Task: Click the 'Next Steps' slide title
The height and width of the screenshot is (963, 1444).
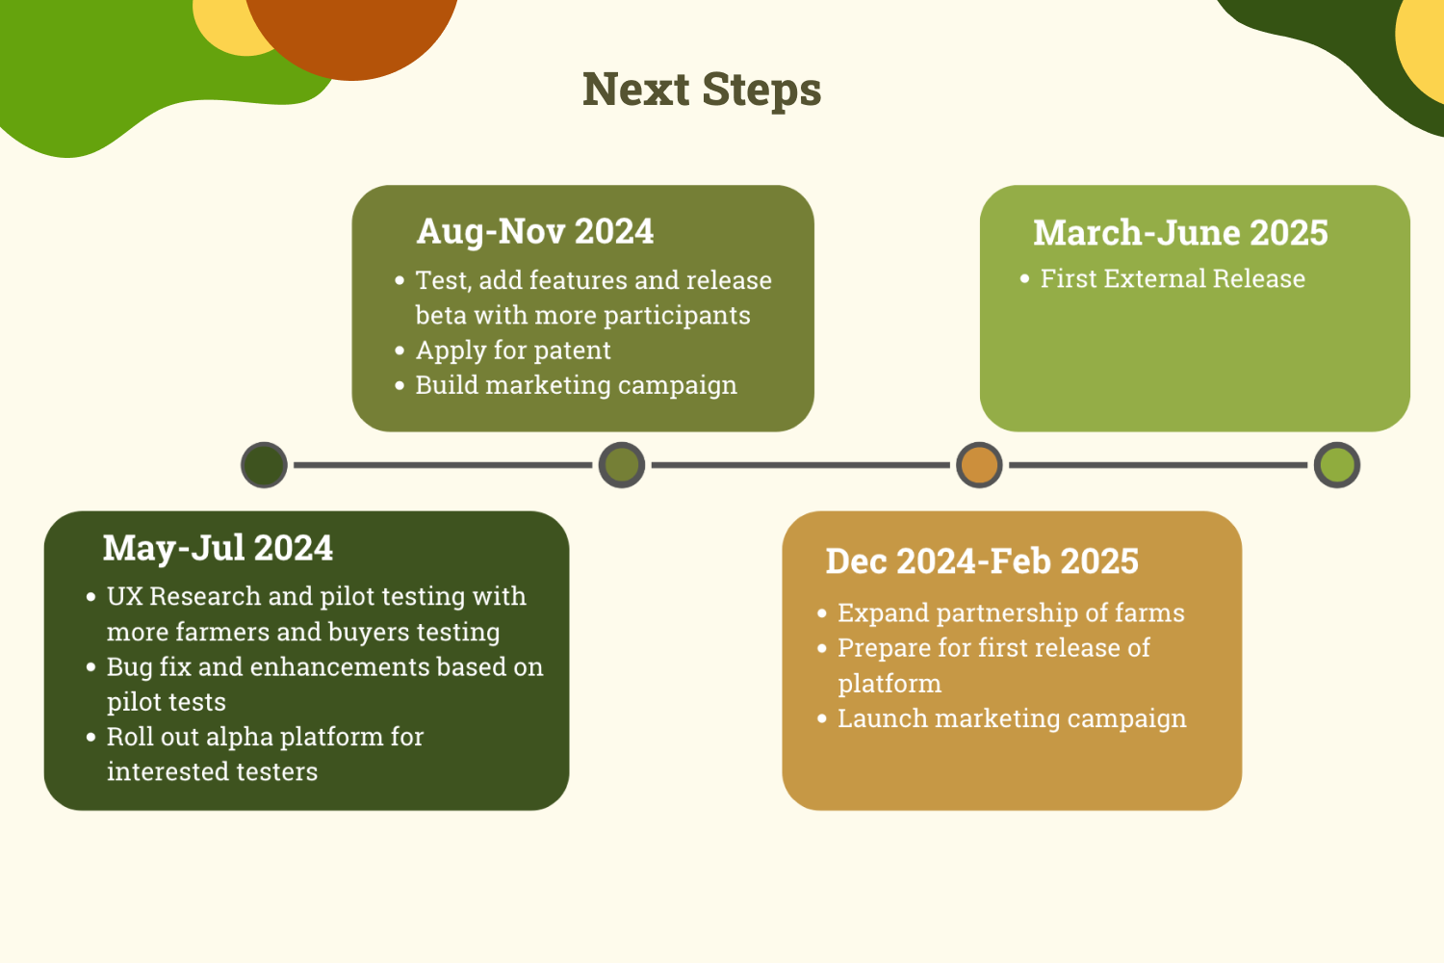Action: pyautogui.click(x=702, y=91)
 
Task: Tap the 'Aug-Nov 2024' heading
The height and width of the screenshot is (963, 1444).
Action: pyautogui.click(x=535, y=231)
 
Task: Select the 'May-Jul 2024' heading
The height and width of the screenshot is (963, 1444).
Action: pyautogui.click(x=218, y=548)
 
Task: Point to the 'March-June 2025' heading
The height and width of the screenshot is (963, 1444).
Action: pyautogui.click(x=1180, y=233)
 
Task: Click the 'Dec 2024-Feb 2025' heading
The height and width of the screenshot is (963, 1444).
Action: pyautogui.click(x=982, y=561)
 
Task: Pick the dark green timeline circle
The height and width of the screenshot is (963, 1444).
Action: pyautogui.click(x=264, y=465)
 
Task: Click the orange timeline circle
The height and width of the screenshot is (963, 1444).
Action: pyautogui.click(x=979, y=465)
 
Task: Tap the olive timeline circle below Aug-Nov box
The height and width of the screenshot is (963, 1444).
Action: pyautogui.click(x=622, y=465)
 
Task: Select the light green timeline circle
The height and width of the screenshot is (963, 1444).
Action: pyautogui.click(x=1336, y=465)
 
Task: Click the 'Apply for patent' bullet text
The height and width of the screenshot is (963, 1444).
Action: pyautogui.click(x=513, y=351)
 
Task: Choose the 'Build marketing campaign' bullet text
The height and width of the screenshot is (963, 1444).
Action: pyautogui.click(x=576, y=385)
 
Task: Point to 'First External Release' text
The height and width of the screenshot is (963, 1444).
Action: pyautogui.click(x=1173, y=279)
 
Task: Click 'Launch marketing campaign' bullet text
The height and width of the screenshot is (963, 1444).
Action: pyautogui.click(x=1012, y=718)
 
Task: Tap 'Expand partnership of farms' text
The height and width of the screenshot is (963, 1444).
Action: pyautogui.click(x=1011, y=613)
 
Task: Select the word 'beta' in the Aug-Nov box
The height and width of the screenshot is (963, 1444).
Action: pyautogui.click(x=439, y=316)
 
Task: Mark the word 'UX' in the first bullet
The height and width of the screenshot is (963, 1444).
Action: pyautogui.click(x=125, y=597)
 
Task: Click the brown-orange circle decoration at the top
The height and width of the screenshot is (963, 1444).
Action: pyautogui.click(x=352, y=29)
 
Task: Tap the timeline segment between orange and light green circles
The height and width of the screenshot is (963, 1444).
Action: pyautogui.click(x=1158, y=465)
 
